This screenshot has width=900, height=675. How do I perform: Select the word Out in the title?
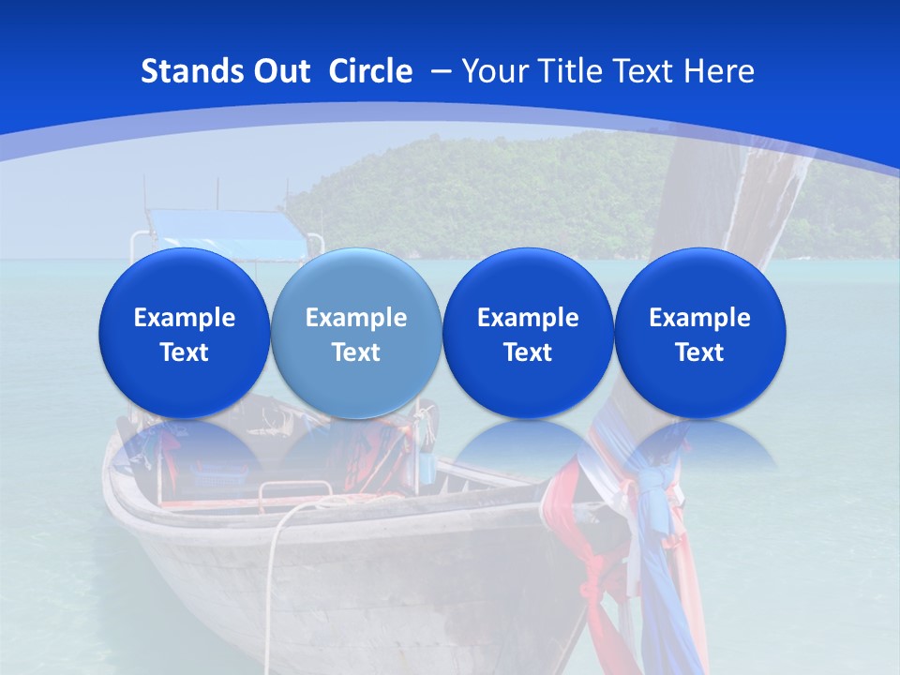click(278, 71)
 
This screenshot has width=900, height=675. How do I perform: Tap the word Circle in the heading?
click(370, 71)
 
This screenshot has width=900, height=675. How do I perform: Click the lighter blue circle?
click(356, 333)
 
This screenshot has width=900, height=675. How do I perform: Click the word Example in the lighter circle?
click(356, 318)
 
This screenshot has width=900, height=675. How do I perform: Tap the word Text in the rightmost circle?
click(699, 352)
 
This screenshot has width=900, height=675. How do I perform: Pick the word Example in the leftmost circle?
click(184, 318)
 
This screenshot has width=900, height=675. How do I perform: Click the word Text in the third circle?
click(528, 352)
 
